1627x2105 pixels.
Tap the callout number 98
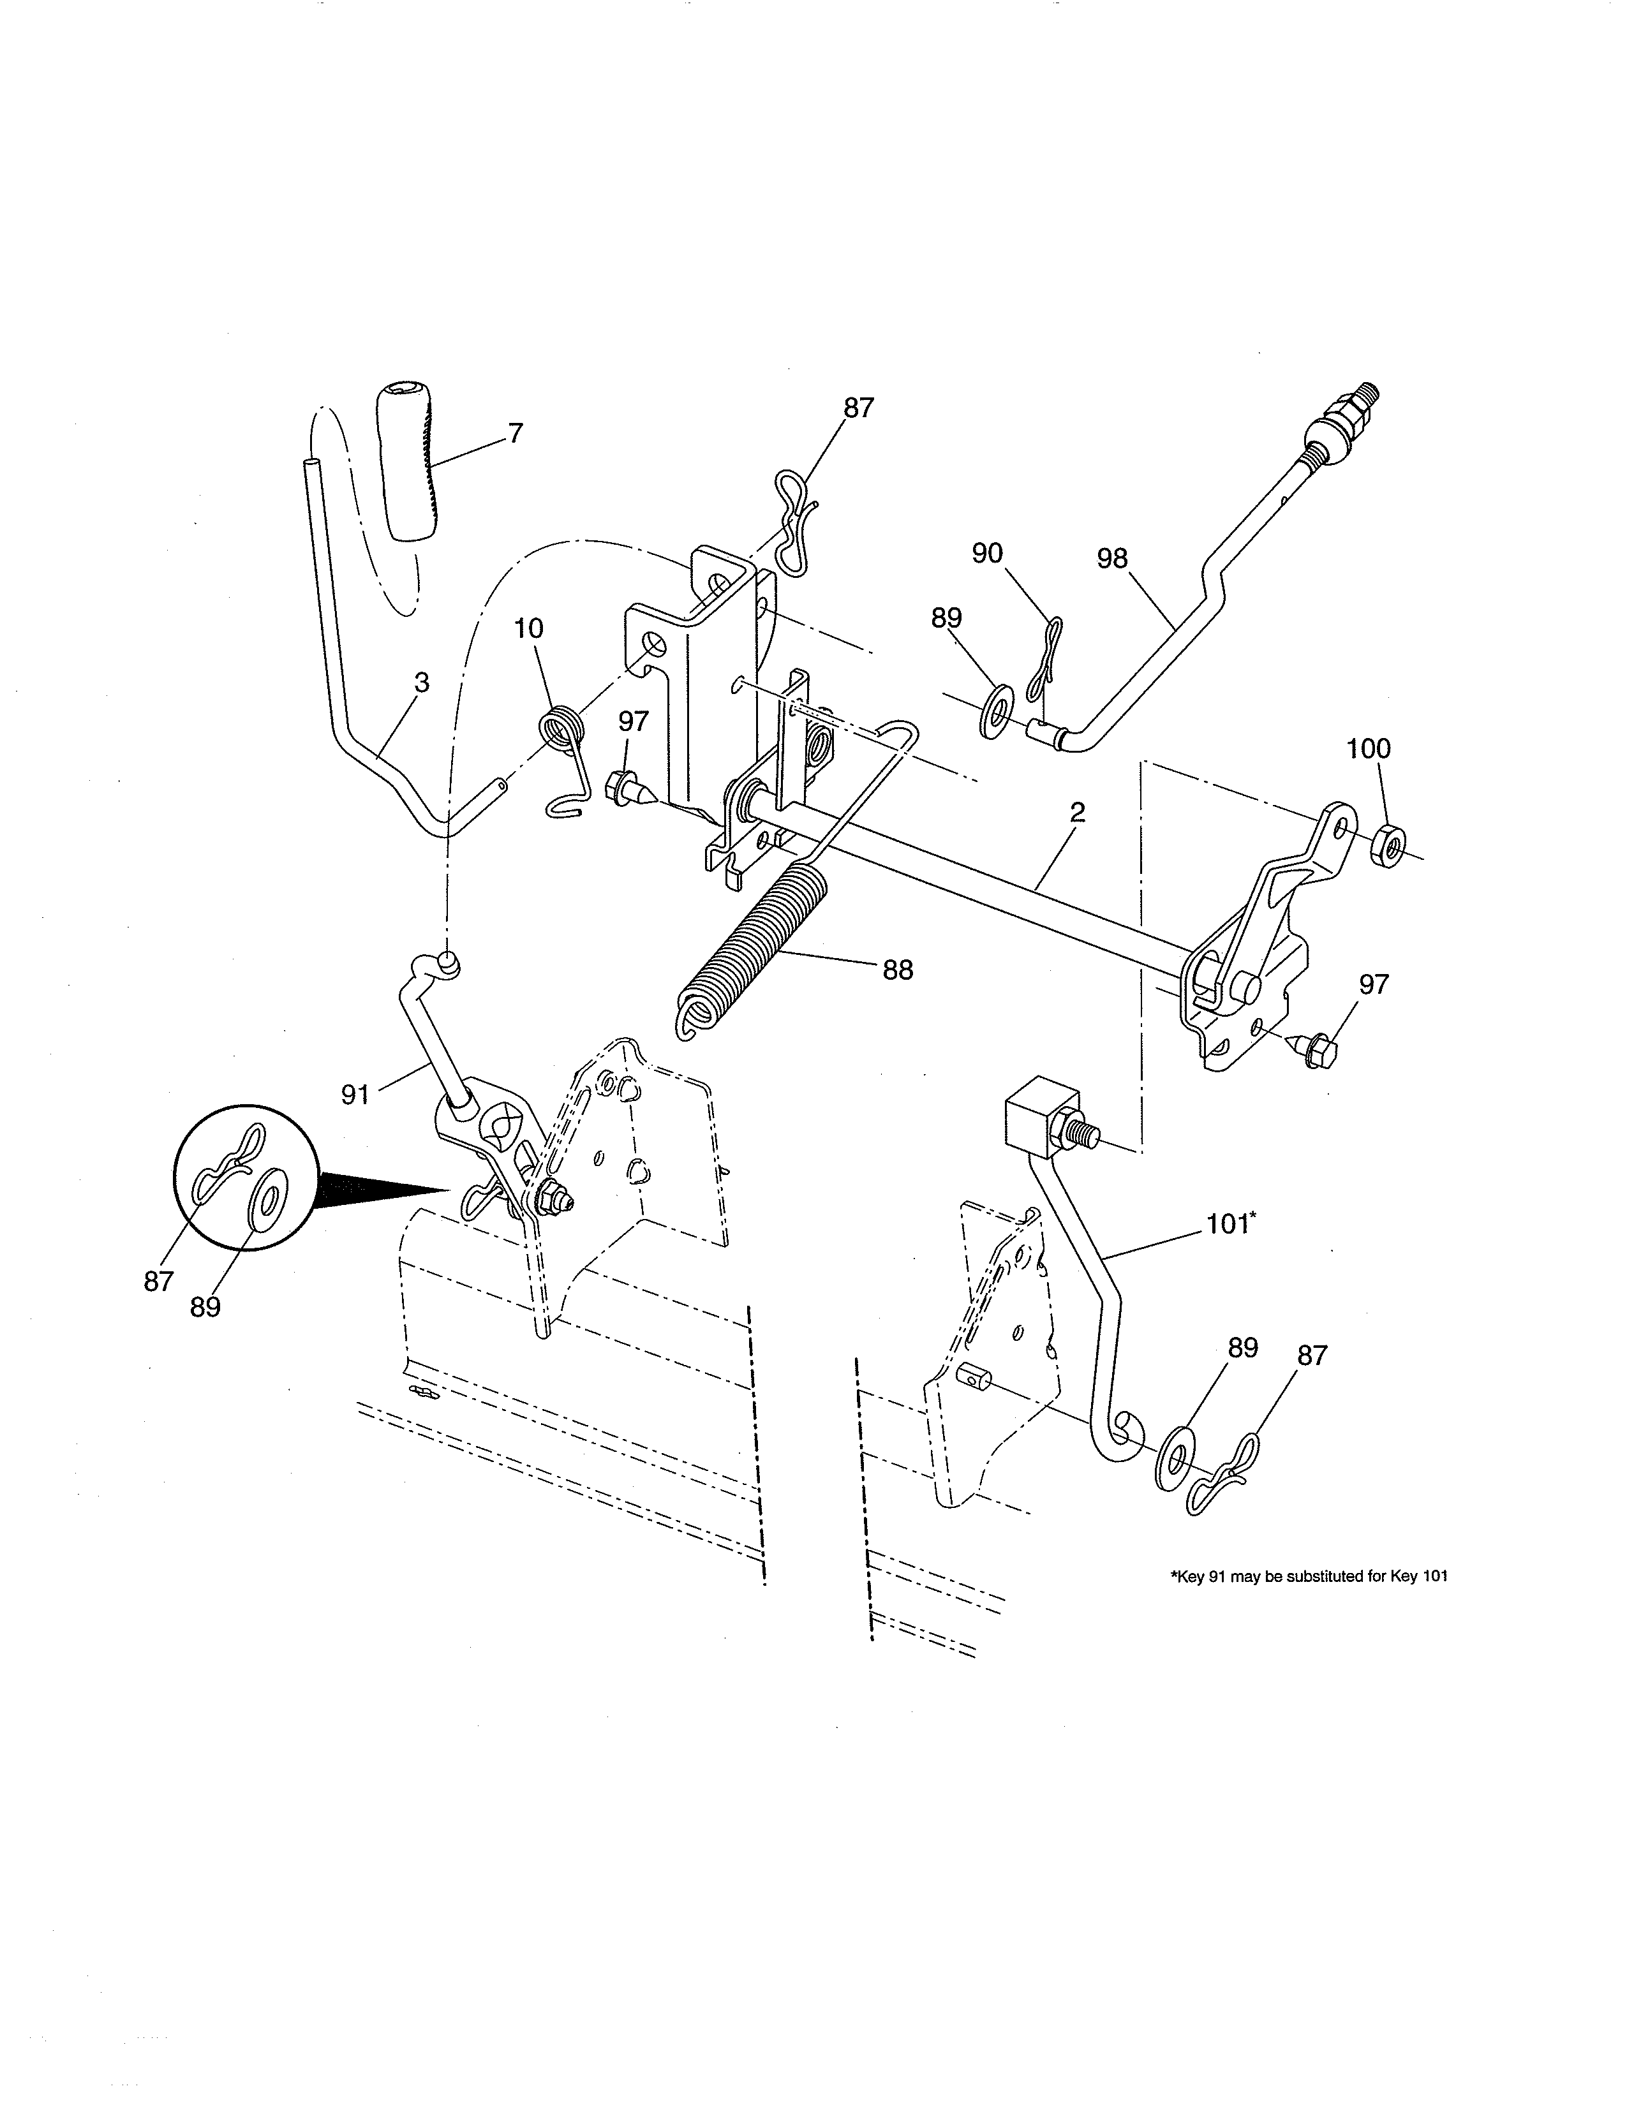coord(1111,559)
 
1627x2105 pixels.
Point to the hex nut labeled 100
coord(1385,841)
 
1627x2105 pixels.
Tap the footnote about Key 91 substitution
coord(1308,1577)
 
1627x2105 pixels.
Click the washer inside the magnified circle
coord(267,1198)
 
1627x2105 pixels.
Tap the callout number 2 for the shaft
coord(1076,813)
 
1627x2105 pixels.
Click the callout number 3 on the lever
coord(421,683)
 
